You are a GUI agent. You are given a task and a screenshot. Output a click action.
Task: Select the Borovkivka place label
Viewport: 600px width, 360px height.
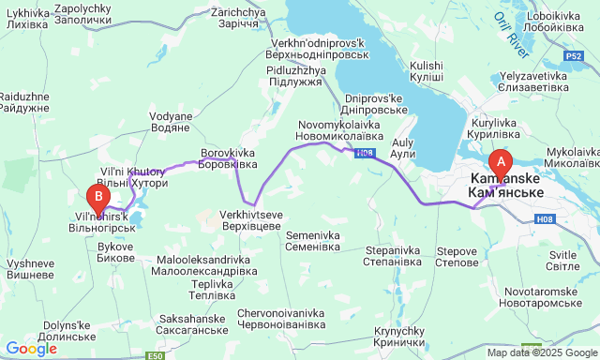tap(229, 157)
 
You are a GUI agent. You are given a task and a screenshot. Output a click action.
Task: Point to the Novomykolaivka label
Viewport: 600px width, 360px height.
tap(340, 130)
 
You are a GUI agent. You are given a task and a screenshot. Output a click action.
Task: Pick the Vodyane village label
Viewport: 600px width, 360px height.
tap(170, 123)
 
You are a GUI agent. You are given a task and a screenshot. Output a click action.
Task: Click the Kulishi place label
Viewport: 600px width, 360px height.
tap(427, 70)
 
